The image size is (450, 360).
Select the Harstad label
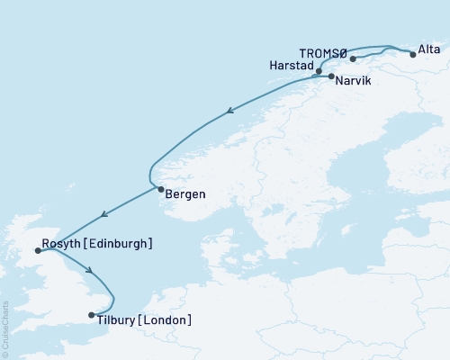[291, 67]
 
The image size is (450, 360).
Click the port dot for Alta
[412, 55]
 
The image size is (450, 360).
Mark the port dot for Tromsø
[353, 59]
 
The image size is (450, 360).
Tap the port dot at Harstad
[319, 68]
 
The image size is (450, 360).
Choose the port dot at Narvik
[331, 77]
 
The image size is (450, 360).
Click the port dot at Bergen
[160, 189]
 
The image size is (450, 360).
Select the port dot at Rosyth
[37, 251]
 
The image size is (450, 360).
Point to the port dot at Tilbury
[92, 315]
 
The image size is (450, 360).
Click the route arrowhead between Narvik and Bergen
[229, 112]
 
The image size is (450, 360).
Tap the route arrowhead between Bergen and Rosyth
[104, 214]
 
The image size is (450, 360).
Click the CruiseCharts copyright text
[5, 329]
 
